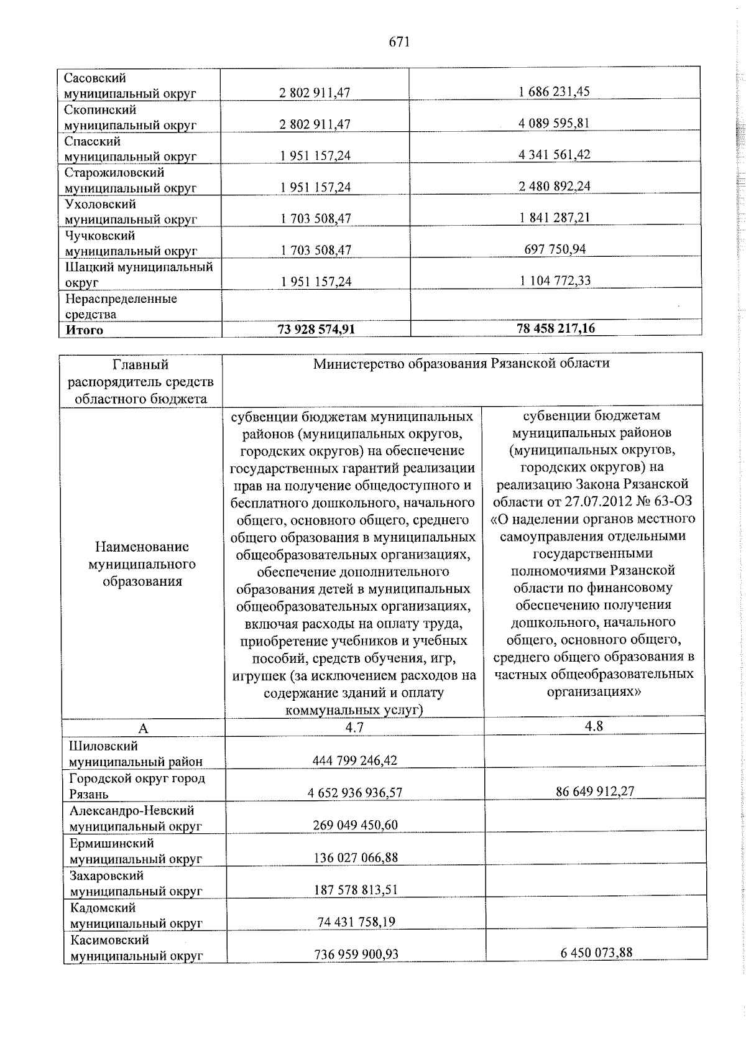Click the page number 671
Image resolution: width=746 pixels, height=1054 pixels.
399,42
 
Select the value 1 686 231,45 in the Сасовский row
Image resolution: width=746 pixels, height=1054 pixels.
554,91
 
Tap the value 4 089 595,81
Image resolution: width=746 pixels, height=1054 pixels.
554,123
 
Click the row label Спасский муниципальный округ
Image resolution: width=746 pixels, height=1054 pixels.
131,149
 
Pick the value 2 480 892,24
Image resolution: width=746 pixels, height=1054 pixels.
554,186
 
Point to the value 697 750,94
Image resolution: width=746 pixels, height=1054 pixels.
554,249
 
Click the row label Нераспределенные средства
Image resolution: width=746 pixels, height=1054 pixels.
121,306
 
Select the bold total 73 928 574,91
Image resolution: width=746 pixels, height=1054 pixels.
316,329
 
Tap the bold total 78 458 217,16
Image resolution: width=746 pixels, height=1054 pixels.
555,328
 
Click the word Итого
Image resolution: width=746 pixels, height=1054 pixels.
85,330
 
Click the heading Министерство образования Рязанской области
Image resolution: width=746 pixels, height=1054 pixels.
461,363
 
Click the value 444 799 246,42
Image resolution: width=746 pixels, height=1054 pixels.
355,760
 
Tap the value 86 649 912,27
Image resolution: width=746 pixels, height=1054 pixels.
595,792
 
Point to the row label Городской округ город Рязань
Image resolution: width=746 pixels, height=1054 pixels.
137,786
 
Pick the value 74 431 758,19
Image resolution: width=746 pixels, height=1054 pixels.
356,922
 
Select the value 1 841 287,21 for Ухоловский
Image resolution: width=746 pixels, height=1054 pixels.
554,218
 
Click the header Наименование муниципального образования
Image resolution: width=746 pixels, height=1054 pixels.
142,563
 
